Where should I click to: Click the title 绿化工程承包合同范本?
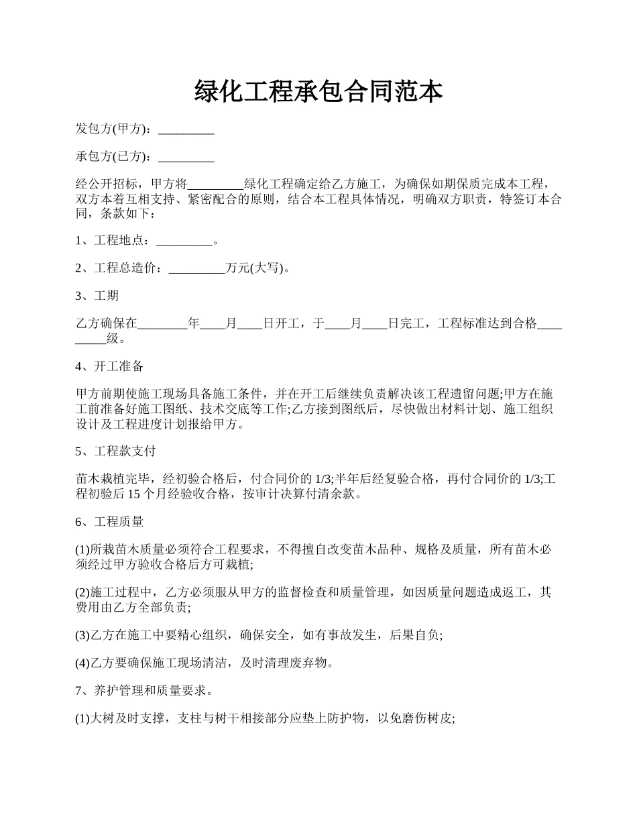(x=318, y=91)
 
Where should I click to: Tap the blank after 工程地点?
(x=184, y=241)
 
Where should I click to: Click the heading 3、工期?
(x=97, y=296)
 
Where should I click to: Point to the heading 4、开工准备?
(x=109, y=366)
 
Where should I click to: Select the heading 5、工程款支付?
(x=115, y=451)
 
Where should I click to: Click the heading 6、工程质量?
(x=109, y=521)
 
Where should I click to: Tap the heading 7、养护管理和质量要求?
(x=144, y=690)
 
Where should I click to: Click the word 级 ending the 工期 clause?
(x=113, y=339)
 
